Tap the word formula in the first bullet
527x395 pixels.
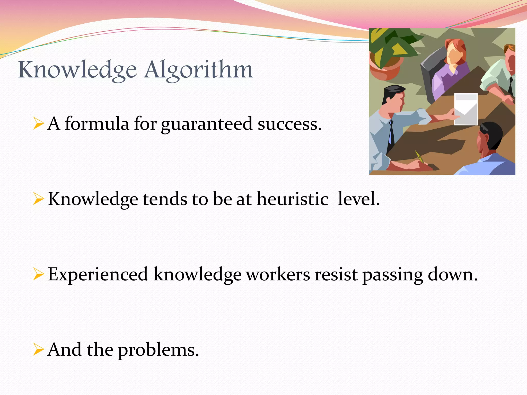[x=97, y=124]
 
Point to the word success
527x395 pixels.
[x=289, y=124]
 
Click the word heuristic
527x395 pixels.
[x=292, y=199]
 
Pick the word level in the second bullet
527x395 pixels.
[x=358, y=199]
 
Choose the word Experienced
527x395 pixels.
[x=98, y=275]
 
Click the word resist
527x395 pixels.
[x=336, y=274]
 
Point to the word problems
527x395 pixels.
[x=158, y=350]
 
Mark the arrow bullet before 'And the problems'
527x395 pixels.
[x=38, y=350]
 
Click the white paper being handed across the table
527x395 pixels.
[x=466, y=109]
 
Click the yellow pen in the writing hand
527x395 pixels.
[x=419, y=157]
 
